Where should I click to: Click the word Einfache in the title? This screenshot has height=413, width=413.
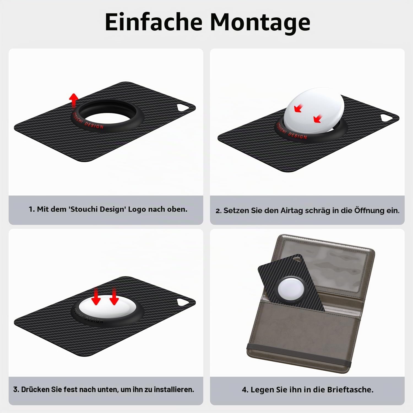[x=154, y=22]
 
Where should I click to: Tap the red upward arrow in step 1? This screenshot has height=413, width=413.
[x=73, y=101]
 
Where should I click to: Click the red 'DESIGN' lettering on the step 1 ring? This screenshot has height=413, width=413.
[x=94, y=125]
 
